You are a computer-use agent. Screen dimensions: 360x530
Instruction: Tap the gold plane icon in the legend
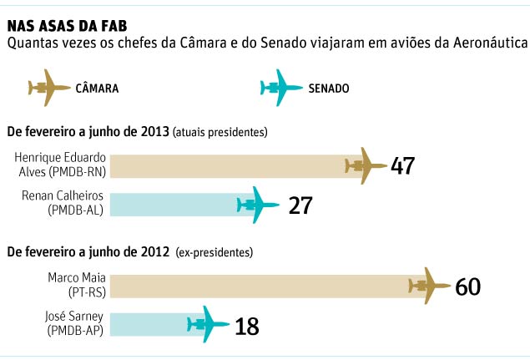click(x=49, y=88)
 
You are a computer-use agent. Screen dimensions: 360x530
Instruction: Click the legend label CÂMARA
click(x=97, y=88)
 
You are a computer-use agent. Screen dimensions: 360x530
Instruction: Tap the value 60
click(x=468, y=286)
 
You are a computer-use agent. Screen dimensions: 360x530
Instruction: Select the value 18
click(x=247, y=326)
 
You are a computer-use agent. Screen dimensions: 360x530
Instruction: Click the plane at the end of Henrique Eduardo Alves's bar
click(x=366, y=166)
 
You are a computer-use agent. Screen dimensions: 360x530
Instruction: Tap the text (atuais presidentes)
click(x=221, y=132)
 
